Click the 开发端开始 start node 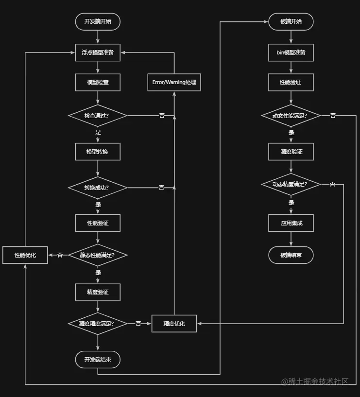coord(98,22)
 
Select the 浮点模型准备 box coord(98,52)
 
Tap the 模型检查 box coord(98,82)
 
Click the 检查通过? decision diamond coord(98,116)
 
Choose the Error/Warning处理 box coord(174,82)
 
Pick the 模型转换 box coord(98,152)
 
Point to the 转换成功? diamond coord(98,188)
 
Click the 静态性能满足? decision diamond coord(98,255)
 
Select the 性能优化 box coord(25,255)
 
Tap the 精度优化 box coord(174,324)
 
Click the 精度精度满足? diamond coord(98,324)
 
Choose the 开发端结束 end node coord(98,360)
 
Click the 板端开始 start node coord(291,22)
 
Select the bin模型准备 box coord(291,52)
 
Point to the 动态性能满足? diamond coord(291,116)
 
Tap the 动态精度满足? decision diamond coord(291,184)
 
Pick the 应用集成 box coord(291,223)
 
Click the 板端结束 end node coord(291,255)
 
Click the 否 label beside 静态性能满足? coord(60,255)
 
